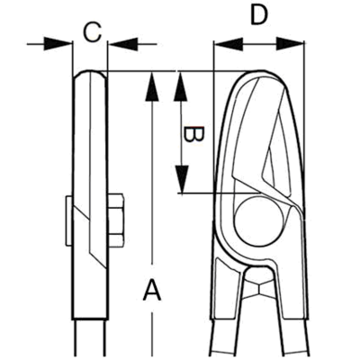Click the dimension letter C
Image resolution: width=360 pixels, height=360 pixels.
pos(93,32)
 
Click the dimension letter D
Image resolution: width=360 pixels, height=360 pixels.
pos(258,15)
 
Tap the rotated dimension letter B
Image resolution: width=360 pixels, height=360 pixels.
pos(193,134)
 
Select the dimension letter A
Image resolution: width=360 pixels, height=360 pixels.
pos(152,290)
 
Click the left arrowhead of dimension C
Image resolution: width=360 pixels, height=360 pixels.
pos(58,44)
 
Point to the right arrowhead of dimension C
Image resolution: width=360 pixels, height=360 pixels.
pos(121,44)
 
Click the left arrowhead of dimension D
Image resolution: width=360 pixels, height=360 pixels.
pos(228,44)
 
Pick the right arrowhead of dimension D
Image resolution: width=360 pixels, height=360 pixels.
pos(290,44)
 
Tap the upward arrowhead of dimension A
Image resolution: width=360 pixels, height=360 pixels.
pos(152,86)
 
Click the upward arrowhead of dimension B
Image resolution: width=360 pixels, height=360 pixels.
pos(181,86)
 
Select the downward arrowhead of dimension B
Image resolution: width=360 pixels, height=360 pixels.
pos(182,179)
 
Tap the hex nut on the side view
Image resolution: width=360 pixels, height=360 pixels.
pos(115,220)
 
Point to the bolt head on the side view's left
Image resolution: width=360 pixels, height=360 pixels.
pos(69,220)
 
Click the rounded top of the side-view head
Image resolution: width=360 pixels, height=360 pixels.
pos(90,74)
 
